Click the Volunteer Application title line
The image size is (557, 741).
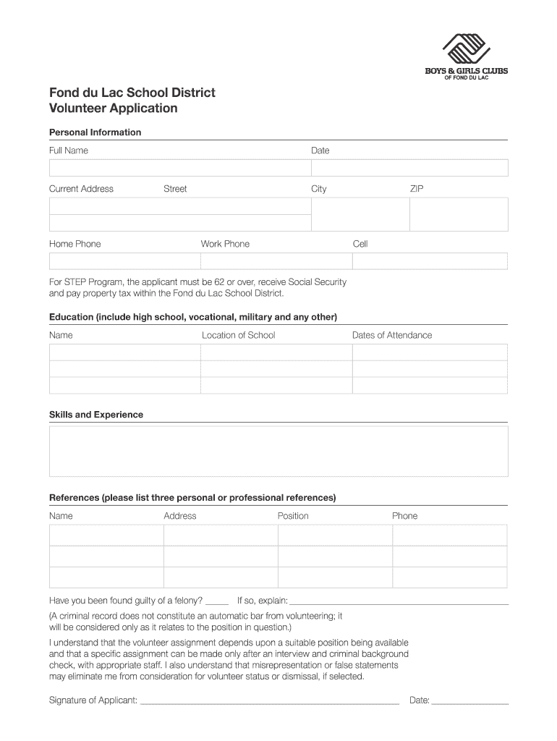click(x=113, y=109)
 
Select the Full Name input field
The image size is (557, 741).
click(x=179, y=168)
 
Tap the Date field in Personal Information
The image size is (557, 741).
click(x=409, y=168)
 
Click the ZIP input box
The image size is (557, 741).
click(x=459, y=214)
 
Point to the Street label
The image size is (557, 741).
click(x=175, y=189)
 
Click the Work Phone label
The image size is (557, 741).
click(x=225, y=244)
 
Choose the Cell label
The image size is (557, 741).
click(x=360, y=244)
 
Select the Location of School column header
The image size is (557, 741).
click(x=238, y=335)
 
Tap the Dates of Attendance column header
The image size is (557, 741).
click(x=391, y=335)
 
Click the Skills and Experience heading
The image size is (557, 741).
click(x=95, y=415)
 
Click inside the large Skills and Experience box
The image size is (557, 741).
click(x=278, y=451)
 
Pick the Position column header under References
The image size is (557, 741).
click(x=293, y=516)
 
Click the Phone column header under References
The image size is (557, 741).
click(x=404, y=516)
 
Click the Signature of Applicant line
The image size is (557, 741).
click(x=268, y=701)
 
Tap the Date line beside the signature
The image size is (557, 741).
click(x=469, y=701)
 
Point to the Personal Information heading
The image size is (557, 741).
click(x=95, y=132)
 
